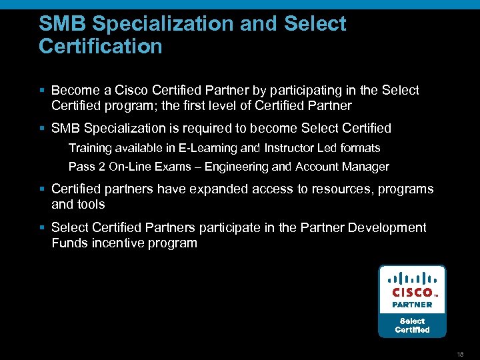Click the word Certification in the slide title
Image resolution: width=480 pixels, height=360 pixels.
[x=101, y=46]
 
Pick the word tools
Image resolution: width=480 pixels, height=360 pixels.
[x=91, y=204]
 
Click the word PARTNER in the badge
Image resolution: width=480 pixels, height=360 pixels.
[x=412, y=304]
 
